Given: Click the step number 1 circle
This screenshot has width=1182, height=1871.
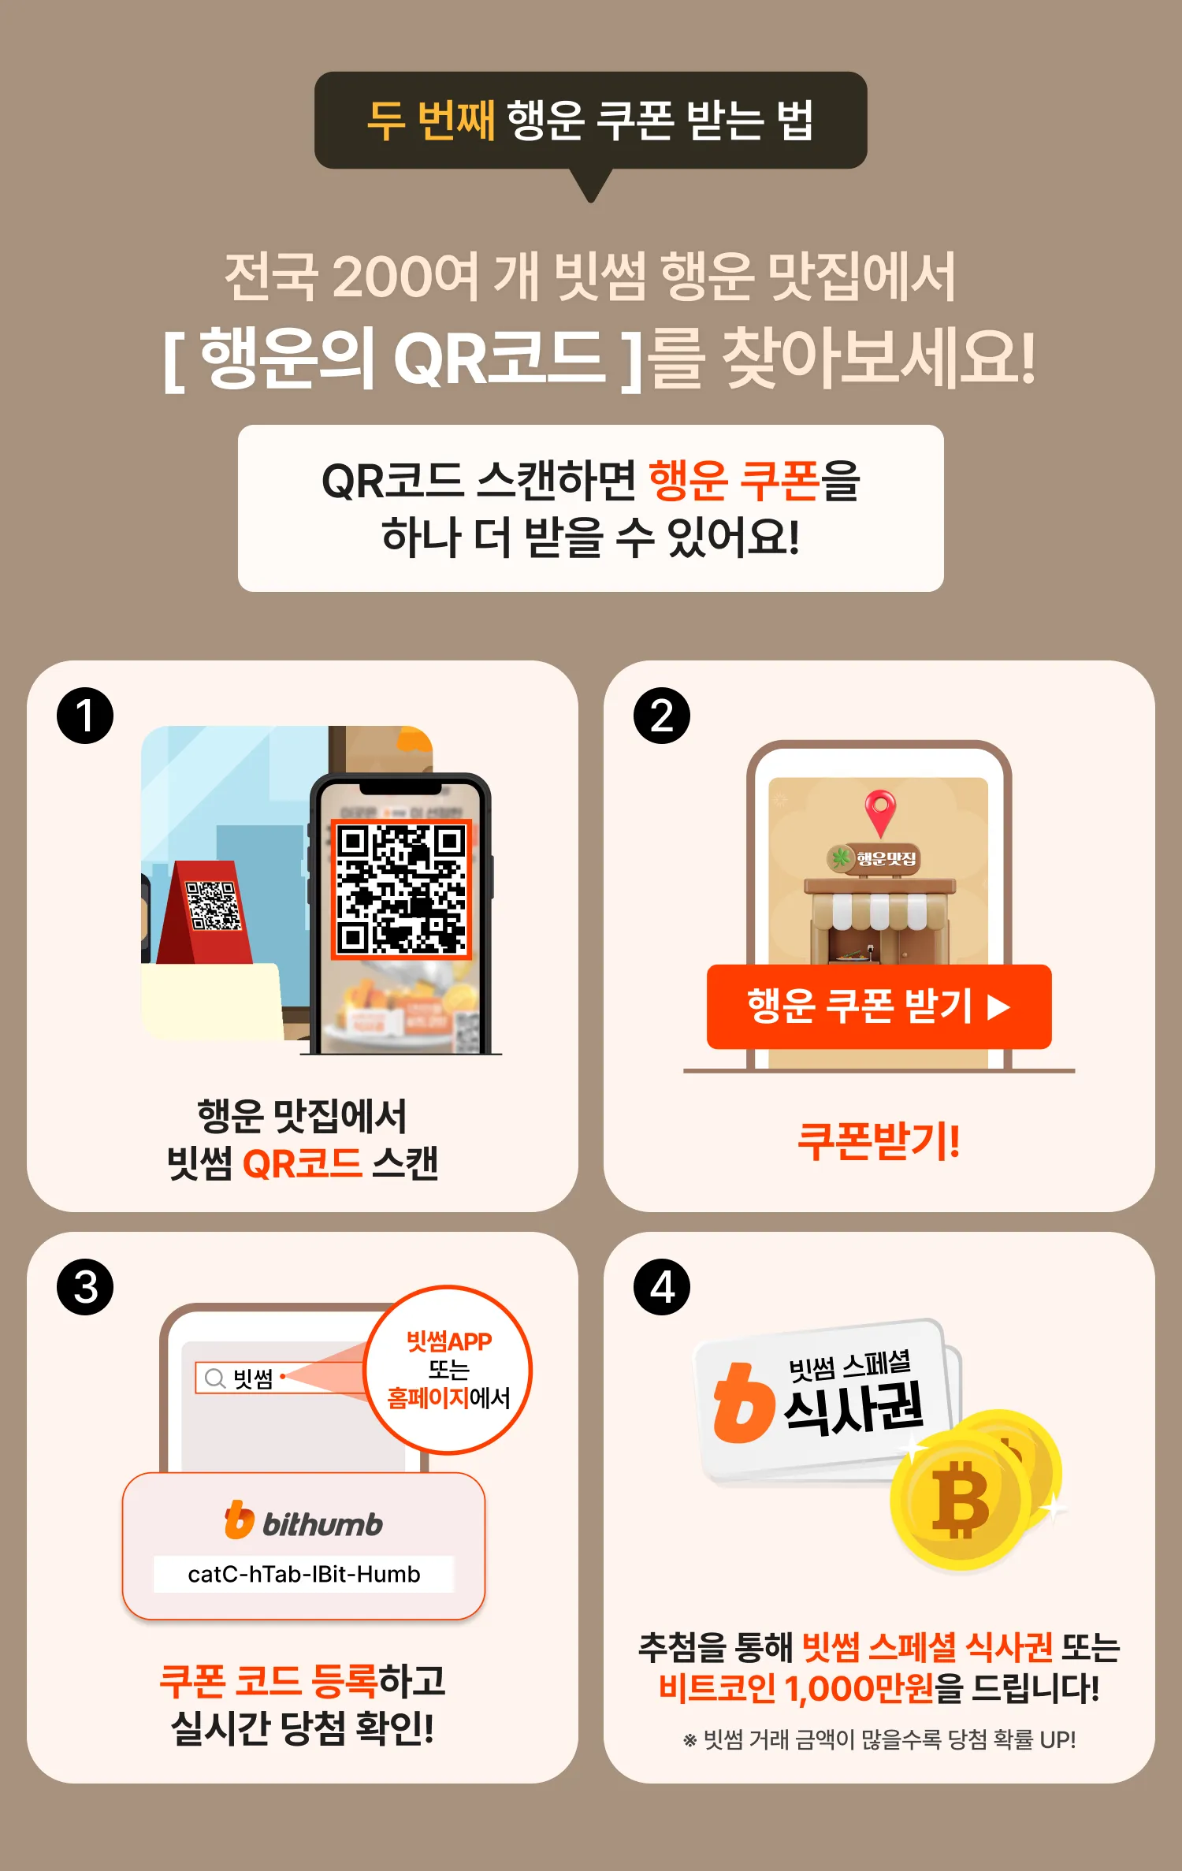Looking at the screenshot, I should coord(85,716).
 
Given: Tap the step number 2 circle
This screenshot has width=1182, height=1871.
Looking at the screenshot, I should coord(662,716).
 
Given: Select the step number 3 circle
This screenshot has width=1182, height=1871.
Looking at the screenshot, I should coord(85,1287).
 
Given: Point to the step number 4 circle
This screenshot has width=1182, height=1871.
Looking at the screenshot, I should coord(662,1287).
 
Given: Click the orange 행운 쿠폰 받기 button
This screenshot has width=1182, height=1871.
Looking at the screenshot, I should coord(879,1006).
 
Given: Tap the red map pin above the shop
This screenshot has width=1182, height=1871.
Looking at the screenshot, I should coord(880,812).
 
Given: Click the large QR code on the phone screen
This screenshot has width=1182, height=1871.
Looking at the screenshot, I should coord(401,889).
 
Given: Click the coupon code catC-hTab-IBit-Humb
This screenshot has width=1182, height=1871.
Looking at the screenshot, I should coord(303,1574).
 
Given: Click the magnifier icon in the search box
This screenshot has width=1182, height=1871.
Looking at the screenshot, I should coord(214,1378).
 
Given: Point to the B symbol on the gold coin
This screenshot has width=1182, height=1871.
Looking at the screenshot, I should coord(960,1499).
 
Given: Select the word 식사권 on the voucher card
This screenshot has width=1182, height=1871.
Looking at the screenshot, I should coord(853,1408).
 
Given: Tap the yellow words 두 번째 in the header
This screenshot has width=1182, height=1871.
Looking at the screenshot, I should coord(431,121).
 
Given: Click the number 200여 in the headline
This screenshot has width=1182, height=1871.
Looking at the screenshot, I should coord(405,277).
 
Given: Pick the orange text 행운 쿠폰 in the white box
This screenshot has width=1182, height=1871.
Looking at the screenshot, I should coord(734,481).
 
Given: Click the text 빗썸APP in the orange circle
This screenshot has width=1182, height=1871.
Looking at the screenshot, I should coord(448,1341).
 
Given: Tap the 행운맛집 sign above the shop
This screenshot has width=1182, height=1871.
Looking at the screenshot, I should coord(874,858).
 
